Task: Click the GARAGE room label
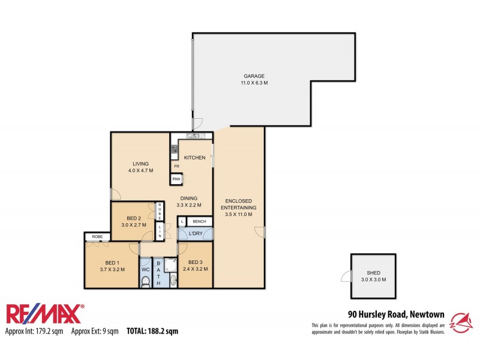point(254,76)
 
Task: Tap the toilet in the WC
point(145,280)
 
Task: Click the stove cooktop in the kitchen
point(175,149)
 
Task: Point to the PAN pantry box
point(176,179)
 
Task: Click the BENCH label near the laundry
point(199,221)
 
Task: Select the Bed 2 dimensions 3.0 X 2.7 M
point(134,225)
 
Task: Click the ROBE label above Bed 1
point(96,237)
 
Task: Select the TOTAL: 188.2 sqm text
point(152,331)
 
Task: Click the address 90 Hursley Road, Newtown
point(397,313)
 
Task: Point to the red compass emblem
point(462,321)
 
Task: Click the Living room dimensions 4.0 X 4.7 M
point(140,170)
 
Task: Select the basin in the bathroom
point(173,279)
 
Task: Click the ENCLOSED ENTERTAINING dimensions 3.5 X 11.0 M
point(238,214)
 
